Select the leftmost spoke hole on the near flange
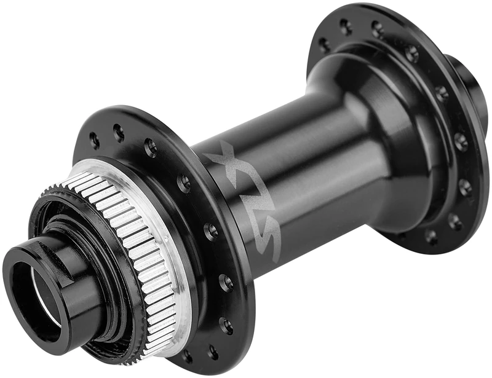[x=94, y=140]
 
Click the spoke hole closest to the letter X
[x=184, y=182]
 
